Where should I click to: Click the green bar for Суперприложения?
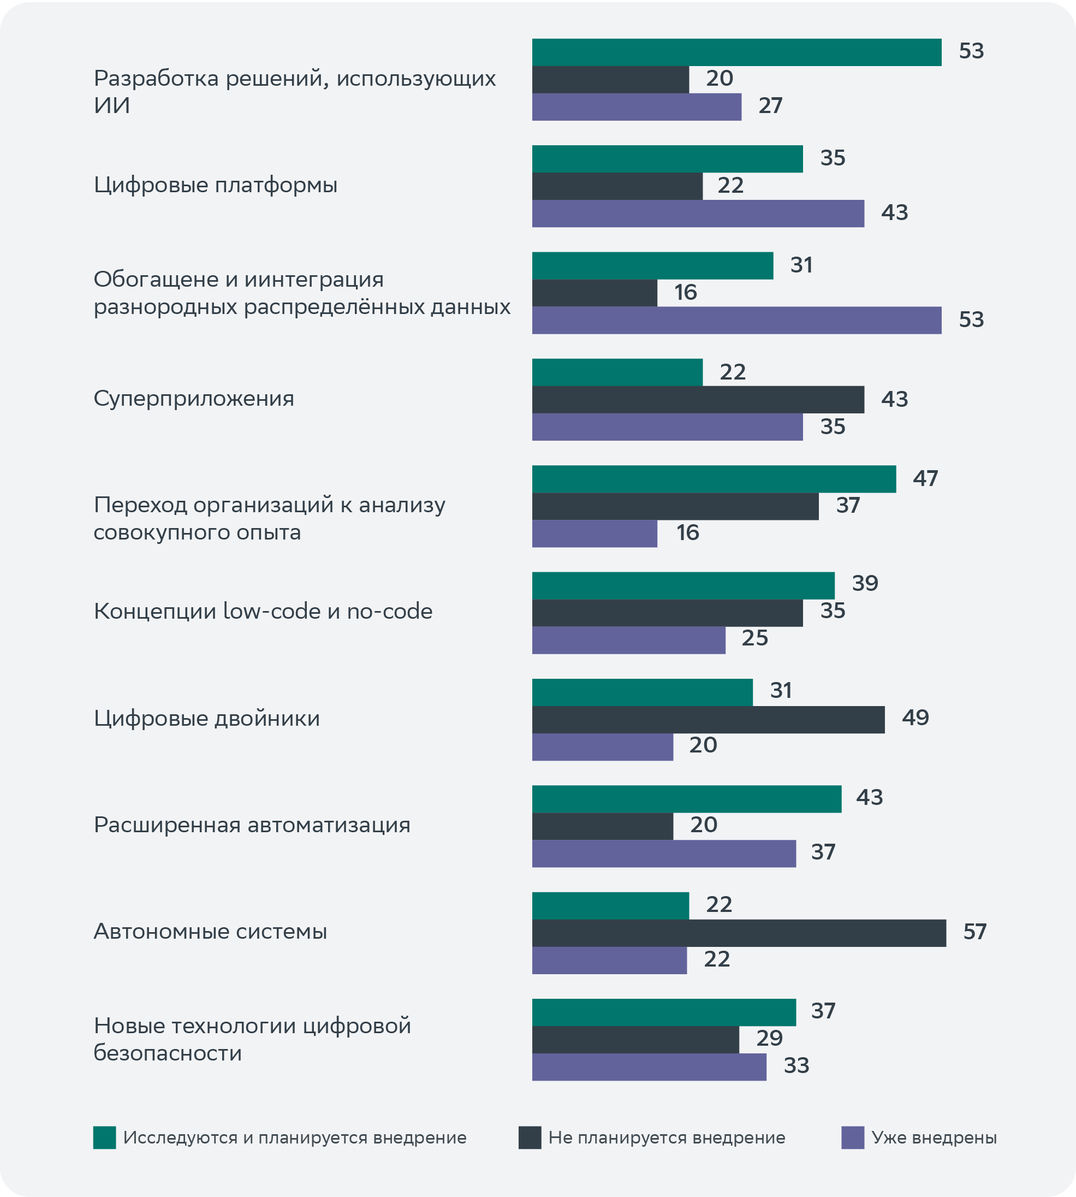[x=617, y=372]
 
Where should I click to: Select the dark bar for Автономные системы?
[x=739, y=933]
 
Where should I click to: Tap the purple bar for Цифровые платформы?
[x=698, y=214]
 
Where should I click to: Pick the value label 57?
[x=974, y=932]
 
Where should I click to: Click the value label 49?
[x=915, y=718]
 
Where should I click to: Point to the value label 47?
[x=925, y=478]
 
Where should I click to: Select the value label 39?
[x=865, y=584]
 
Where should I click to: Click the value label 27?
[x=770, y=106]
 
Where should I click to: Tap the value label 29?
[x=769, y=1039]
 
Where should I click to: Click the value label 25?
[x=754, y=638]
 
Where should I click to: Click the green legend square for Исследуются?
[x=105, y=1137]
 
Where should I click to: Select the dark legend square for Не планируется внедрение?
[x=530, y=1137]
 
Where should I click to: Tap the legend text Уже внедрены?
[x=934, y=1137]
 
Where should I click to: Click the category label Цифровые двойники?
[x=207, y=719]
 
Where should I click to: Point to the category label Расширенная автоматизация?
[x=252, y=825]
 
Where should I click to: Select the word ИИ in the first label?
[x=112, y=106]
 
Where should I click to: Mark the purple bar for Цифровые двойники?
[x=603, y=747]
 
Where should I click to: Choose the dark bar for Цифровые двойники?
[x=708, y=720]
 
